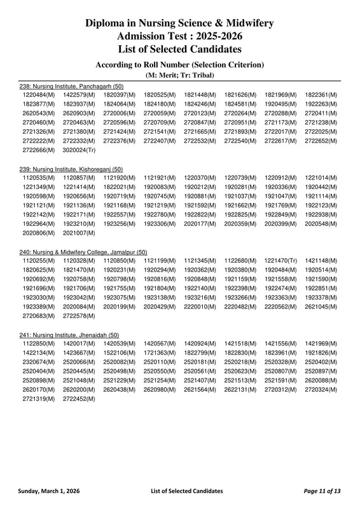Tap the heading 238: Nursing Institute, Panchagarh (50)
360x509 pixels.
(x=72, y=86)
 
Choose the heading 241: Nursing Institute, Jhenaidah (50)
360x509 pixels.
(x=69, y=335)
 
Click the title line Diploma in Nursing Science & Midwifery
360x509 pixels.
(x=180, y=24)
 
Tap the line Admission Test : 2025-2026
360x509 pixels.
(x=180, y=36)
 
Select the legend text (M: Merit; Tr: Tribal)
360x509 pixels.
(x=180, y=75)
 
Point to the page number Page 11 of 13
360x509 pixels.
(x=322, y=491)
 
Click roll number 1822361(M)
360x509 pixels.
(x=321, y=95)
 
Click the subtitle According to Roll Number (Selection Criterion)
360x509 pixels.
(x=180, y=64)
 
